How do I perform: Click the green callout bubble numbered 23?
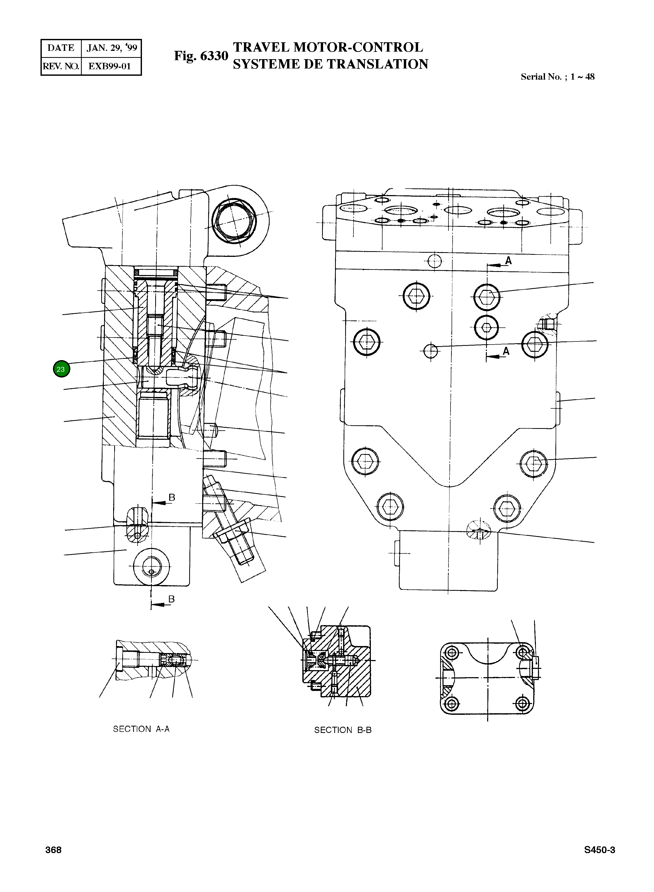(61, 369)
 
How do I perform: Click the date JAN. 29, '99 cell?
(112, 48)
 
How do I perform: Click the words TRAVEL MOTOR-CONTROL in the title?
(328, 47)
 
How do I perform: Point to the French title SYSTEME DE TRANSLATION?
(330, 64)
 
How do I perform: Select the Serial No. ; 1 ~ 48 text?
(557, 77)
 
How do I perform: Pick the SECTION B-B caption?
(343, 730)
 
